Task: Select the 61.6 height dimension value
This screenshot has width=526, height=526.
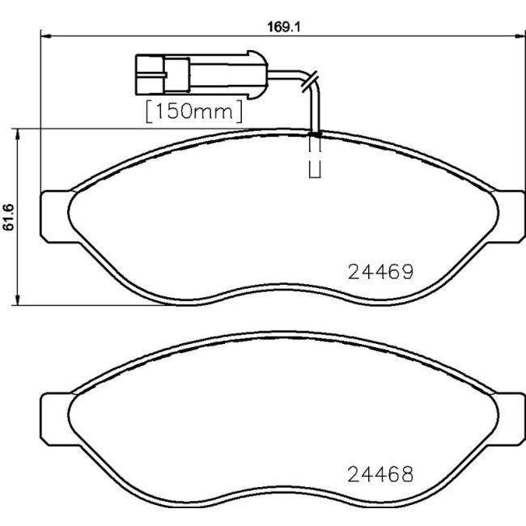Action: [9, 217]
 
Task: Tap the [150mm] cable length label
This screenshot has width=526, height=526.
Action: [193, 111]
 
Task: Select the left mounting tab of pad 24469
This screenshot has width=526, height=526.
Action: [53, 215]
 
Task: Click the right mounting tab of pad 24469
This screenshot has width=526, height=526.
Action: [510, 215]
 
